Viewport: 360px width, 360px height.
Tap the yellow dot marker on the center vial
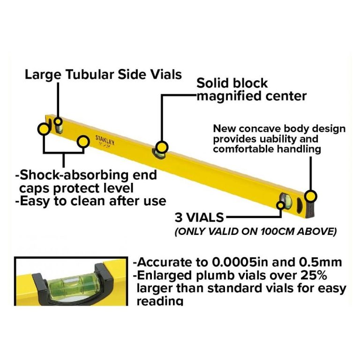tap(162, 145)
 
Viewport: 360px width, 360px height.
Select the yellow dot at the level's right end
tap(311, 196)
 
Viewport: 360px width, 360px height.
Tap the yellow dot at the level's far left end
tap(43, 128)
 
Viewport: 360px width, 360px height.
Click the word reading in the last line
tap(160, 300)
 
